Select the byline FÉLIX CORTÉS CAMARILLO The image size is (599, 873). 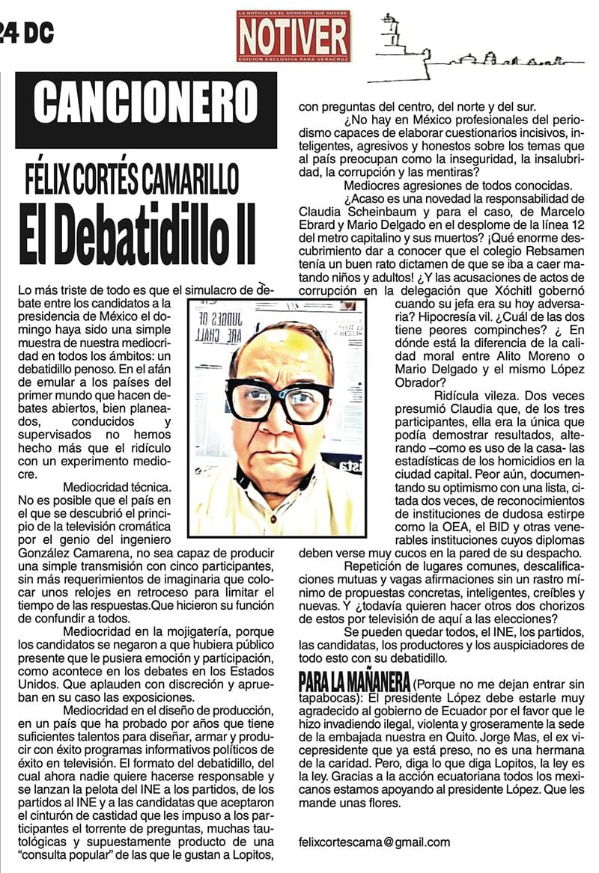(142, 177)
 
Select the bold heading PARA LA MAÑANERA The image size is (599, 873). (354, 682)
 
